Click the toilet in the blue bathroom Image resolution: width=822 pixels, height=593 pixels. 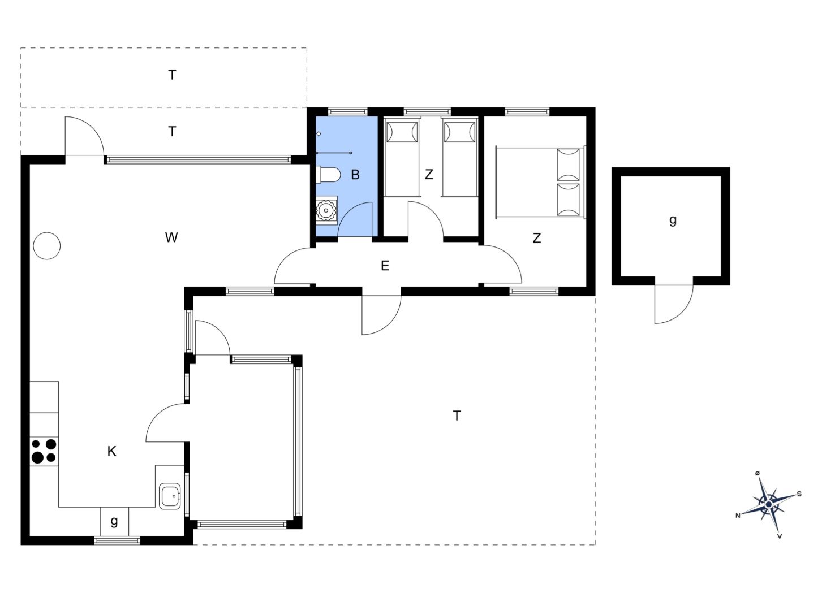pos(328,175)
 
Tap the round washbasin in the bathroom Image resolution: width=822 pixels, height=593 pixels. pos(326,210)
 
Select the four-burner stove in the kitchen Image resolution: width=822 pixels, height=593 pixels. pos(44,452)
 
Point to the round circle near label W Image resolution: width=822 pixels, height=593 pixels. pos(46,246)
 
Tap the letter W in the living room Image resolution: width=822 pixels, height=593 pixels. pos(171,237)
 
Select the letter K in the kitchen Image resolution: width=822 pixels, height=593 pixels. pos(112,451)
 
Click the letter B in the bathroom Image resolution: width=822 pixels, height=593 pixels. pos(355,175)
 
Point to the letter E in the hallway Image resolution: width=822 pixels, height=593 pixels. pos(385,266)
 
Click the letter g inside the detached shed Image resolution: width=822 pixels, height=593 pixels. pos(673,220)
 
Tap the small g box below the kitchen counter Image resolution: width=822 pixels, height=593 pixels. pos(114,521)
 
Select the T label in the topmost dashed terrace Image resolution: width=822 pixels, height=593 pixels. pos(172,75)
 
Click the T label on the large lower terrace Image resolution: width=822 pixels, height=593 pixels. pos(457,416)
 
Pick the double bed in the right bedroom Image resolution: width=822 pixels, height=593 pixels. pos(540,182)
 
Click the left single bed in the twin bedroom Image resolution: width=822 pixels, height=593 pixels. pos(402,157)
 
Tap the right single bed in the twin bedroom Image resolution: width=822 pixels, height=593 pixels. pos(460,157)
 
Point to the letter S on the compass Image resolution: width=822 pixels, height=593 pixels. pos(799,494)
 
